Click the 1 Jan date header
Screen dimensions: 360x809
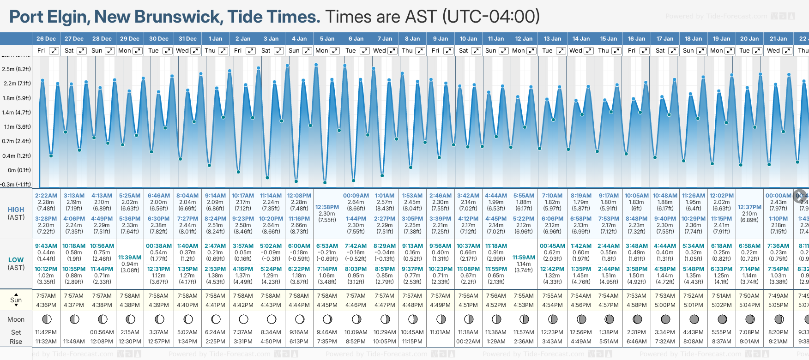click(x=215, y=39)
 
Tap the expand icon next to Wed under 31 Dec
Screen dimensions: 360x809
click(x=195, y=51)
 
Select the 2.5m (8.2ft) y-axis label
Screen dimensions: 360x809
click(x=16, y=69)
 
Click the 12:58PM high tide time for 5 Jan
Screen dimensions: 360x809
click(x=327, y=207)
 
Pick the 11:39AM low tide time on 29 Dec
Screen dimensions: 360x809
click(x=130, y=258)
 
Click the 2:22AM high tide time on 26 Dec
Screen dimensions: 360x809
click(x=46, y=196)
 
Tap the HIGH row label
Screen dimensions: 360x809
click(x=16, y=210)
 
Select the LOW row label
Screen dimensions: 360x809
click(x=16, y=260)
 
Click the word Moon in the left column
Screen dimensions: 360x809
click(x=16, y=319)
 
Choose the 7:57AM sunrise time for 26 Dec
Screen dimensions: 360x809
click(x=46, y=296)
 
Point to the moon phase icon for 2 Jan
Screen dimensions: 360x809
click(x=243, y=319)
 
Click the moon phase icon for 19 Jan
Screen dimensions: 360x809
click(x=722, y=319)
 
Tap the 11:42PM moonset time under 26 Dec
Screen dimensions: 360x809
click(x=46, y=332)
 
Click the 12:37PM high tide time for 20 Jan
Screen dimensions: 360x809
click(x=749, y=207)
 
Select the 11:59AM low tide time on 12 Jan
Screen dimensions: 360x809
click(x=524, y=258)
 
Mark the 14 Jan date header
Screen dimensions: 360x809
click(x=581, y=39)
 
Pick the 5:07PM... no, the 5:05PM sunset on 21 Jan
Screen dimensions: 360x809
click(x=778, y=305)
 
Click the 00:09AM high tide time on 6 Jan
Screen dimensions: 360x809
click(x=356, y=196)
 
